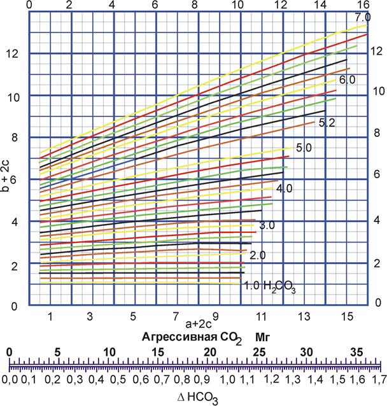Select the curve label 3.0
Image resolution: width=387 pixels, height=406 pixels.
(267, 226)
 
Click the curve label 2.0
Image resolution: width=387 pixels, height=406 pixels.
(257, 255)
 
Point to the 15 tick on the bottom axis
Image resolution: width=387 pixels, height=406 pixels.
(347, 316)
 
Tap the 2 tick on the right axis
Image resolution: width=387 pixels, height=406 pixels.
(376, 263)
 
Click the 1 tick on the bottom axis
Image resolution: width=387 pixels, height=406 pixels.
(49, 316)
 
